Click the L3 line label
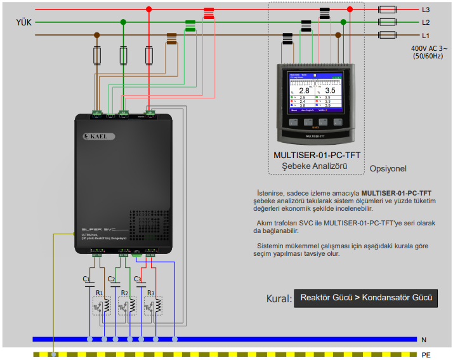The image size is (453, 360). [x=426, y=10]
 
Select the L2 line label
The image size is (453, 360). [x=426, y=22]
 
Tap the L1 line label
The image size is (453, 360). [x=426, y=35]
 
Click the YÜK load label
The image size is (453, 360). [x=24, y=22]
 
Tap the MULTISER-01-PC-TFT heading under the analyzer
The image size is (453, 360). [x=317, y=156]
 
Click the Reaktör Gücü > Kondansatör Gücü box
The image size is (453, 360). [x=366, y=298]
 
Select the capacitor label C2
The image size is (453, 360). [x=112, y=279]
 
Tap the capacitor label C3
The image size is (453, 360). [x=138, y=279]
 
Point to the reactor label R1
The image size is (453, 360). [x=100, y=293]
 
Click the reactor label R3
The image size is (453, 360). [x=150, y=293]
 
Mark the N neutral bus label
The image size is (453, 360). [x=423, y=340]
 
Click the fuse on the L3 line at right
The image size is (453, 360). [x=388, y=10]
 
